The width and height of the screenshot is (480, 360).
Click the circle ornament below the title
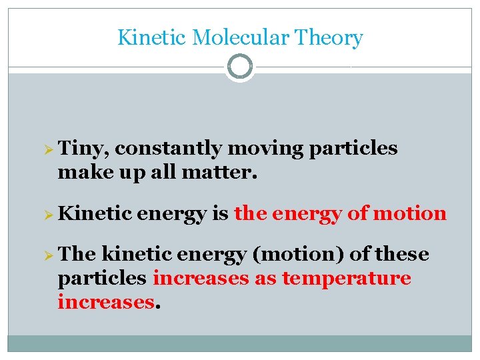click(x=239, y=67)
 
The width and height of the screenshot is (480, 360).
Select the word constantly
click(x=169, y=149)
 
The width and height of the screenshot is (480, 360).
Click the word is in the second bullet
click(x=219, y=214)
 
